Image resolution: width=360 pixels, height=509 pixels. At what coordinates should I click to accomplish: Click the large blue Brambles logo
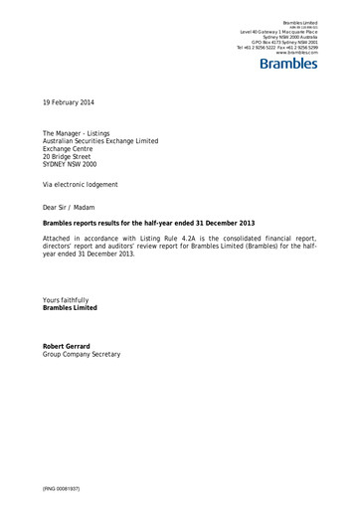coord(287,65)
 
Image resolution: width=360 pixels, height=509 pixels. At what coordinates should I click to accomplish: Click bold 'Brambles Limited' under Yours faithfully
coord(70,308)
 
